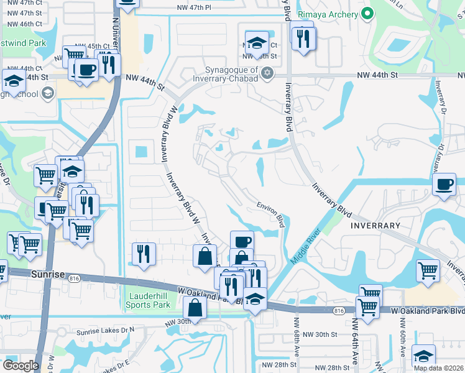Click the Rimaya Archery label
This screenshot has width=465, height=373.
(328, 14)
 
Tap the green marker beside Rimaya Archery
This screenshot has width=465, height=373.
(368, 14)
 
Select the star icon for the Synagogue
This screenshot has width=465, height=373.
(267, 73)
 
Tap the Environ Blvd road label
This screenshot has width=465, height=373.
(271, 213)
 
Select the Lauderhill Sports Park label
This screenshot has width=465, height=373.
(149, 300)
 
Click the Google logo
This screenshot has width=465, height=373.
(21, 365)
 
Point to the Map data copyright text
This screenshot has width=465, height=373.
(438, 367)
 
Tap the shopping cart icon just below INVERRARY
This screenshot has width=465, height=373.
(428, 271)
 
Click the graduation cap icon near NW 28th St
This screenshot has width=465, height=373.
(423, 355)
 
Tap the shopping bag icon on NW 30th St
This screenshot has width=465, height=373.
(195, 307)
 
